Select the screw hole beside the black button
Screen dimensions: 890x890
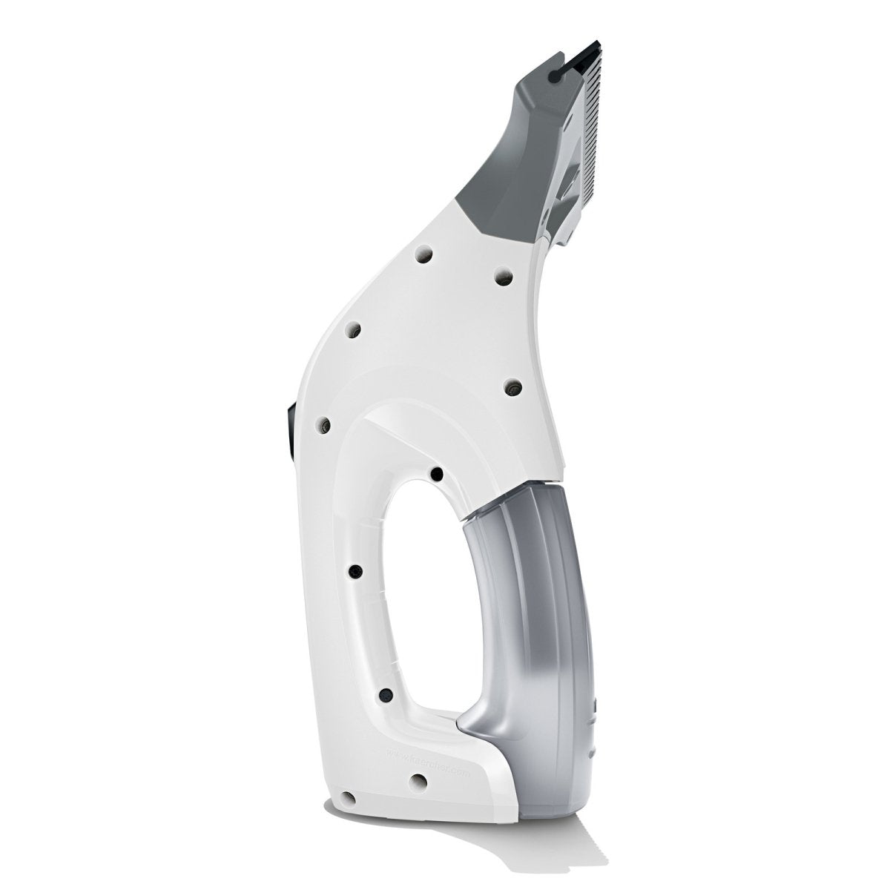coord(323,425)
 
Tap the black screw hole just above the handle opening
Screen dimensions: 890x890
coord(437,473)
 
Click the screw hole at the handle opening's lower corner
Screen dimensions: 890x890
coord(386,695)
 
